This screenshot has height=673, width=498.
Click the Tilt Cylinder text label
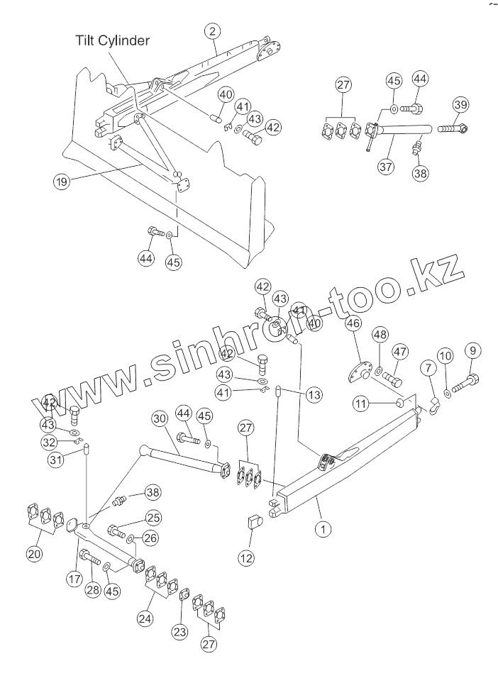coord(112,40)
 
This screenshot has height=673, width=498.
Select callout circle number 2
coord(212,30)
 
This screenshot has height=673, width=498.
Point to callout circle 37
coord(386,167)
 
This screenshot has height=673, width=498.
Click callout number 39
coord(461,106)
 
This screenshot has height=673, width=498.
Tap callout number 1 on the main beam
coord(323,528)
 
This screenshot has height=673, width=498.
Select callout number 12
coord(246,558)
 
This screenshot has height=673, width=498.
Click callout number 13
coord(314,394)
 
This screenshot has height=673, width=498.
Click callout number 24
coord(145,618)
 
